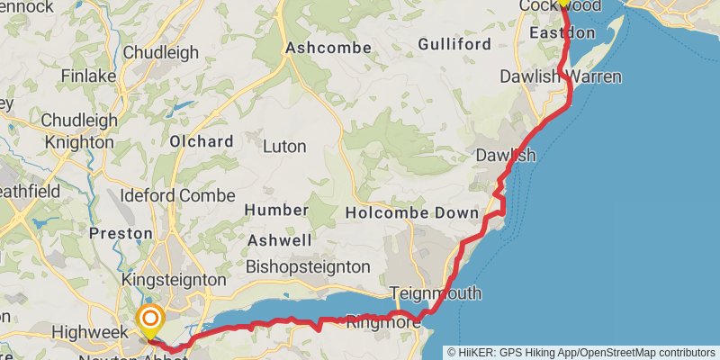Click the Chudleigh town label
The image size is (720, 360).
[x=160, y=52]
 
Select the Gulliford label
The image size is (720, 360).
[x=454, y=44]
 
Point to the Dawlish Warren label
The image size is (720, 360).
[x=560, y=76]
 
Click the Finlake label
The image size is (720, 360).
[x=85, y=76]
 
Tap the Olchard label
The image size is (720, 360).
[x=202, y=141]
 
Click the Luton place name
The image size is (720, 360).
[x=284, y=146]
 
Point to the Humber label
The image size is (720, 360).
[x=276, y=210]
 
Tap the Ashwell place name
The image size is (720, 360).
[x=279, y=240]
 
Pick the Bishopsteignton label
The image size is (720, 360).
[x=308, y=266]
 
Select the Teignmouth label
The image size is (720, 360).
[x=436, y=293]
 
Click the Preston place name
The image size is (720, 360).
[x=121, y=233]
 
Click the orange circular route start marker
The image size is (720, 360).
[x=150, y=319]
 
